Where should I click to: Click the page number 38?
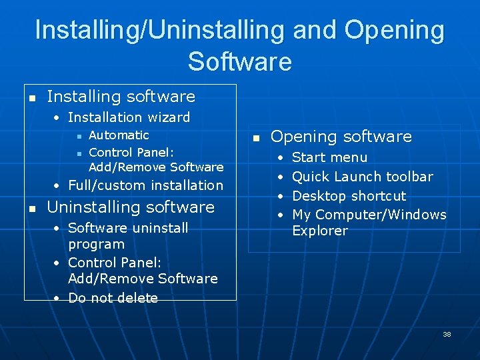[x=447, y=334]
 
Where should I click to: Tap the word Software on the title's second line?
[x=239, y=61]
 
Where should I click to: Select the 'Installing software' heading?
[x=121, y=97]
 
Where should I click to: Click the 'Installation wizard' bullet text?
[x=129, y=117]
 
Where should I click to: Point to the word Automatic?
[x=119, y=135]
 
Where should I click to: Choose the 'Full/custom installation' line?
[x=145, y=185]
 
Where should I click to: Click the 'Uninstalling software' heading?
[x=131, y=207]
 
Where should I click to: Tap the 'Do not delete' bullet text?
[x=113, y=298]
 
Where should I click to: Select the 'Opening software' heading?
[x=341, y=137]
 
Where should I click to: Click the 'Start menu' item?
[x=329, y=157]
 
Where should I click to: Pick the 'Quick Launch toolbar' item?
[x=363, y=177]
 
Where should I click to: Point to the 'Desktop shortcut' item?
[x=349, y=196]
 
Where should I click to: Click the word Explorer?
[x=320, y=231]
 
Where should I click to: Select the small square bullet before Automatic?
[x=79, y=136]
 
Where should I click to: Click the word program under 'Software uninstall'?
[x=97, y=245]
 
